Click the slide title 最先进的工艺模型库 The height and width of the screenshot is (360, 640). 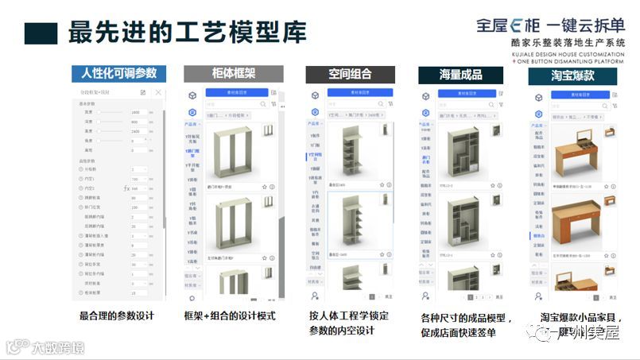187,32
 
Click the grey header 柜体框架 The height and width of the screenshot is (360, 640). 233,74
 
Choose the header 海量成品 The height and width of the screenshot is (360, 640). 460,75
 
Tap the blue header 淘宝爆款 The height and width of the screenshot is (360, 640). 572,75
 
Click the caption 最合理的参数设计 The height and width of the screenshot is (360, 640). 116,315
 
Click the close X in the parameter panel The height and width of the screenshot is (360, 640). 158,93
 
